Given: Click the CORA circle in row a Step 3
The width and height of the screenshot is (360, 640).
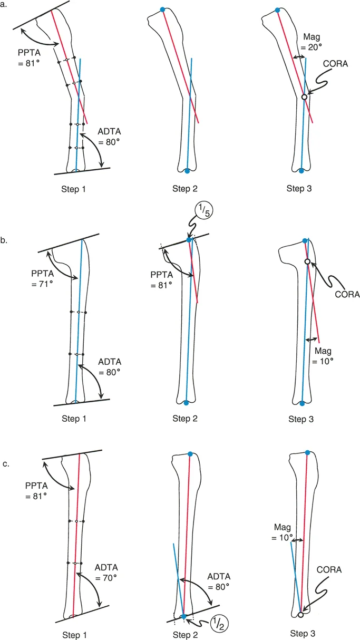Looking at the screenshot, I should tap(304, 97).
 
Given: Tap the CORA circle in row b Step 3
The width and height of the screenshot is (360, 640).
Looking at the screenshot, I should tap(307, 261).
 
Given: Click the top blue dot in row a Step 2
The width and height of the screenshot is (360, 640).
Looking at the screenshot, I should tap(162, 9).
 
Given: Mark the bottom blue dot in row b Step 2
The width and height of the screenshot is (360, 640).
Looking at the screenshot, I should tap(186, 403).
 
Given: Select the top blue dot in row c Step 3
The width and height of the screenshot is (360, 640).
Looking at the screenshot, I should tap(307, 452).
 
